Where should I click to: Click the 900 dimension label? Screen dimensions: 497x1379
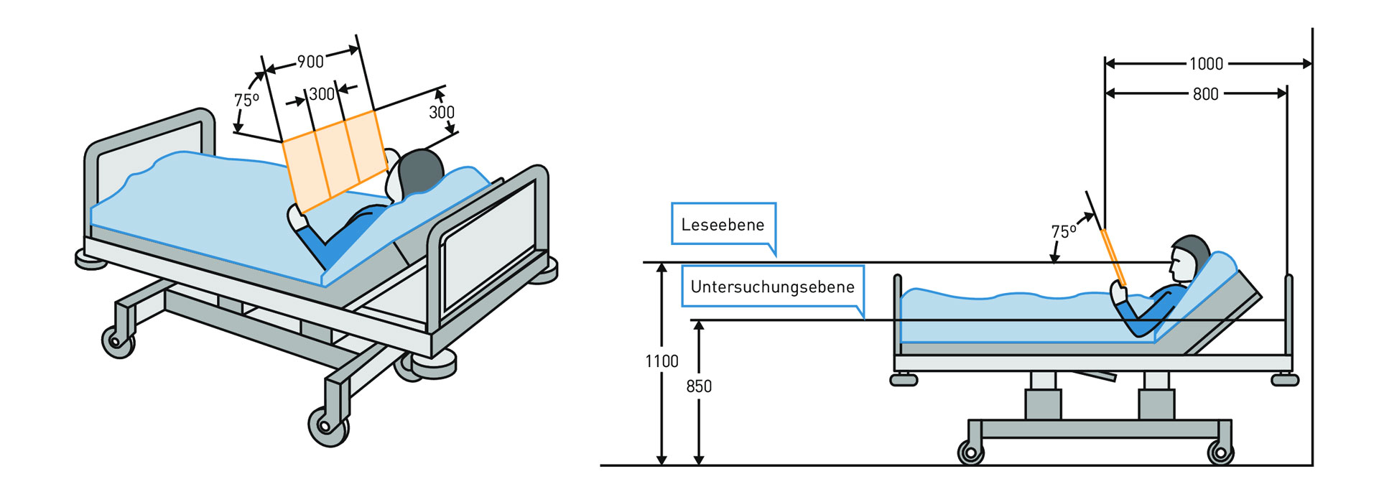point(310,62)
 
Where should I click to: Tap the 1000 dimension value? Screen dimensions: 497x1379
point(1206,64)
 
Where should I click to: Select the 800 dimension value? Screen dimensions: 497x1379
point(1205,94)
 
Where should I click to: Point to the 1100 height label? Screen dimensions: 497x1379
point(661,361)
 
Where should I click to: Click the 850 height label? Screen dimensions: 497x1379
point(698,386)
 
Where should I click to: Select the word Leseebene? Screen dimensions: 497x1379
point(723,225)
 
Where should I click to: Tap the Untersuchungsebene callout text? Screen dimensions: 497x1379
point(772,287)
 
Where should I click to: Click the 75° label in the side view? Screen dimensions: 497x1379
point(1063,232)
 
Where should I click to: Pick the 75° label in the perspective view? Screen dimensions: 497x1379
point(246,100)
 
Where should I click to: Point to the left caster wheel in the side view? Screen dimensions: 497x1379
point(970,453)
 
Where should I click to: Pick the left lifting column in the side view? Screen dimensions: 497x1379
point(1043,398)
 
